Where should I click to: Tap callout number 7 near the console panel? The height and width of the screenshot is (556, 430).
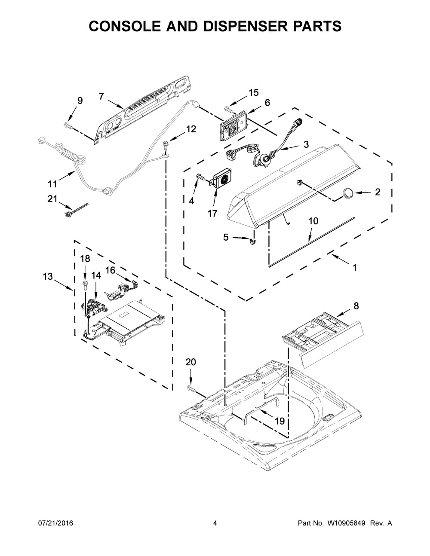[x=101, y=96]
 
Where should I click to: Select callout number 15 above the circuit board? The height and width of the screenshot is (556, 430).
[x=254, y=92]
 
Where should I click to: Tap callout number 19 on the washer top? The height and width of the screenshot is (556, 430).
[x=279, y=421]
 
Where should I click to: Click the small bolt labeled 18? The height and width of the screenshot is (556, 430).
[x=85, y=284]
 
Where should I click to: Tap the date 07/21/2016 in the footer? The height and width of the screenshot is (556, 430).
[x=55, y=523]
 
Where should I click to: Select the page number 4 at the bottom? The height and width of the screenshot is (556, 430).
[x=215, y=523]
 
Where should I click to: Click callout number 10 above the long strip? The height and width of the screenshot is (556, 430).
[x=313, y=221]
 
